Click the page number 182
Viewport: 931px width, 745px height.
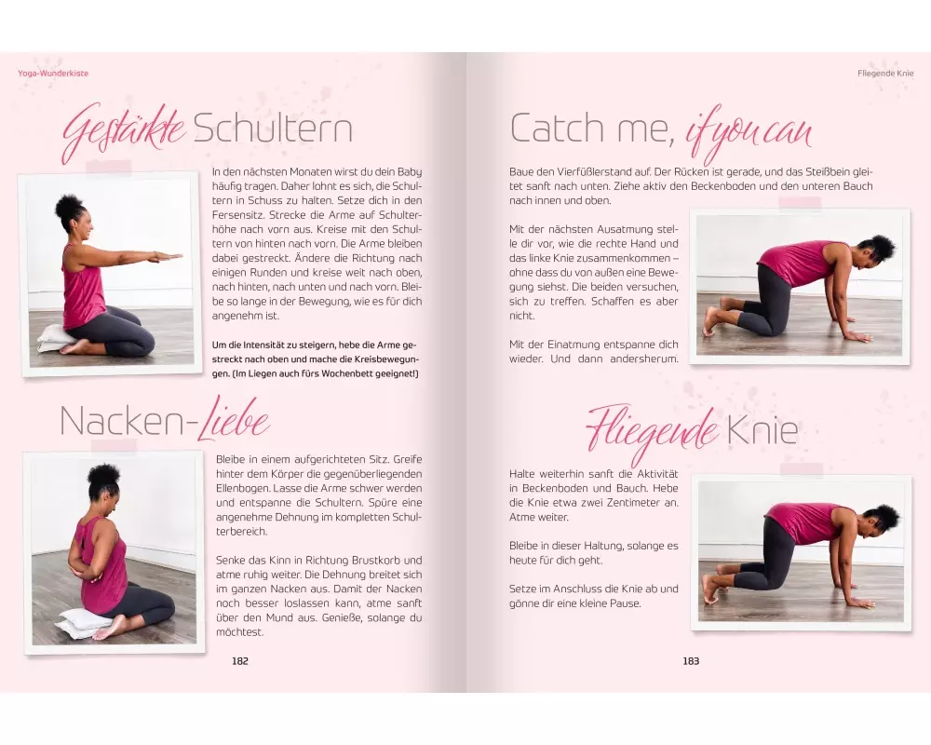tap(240, 660)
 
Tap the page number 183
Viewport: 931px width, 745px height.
tap(691, 660)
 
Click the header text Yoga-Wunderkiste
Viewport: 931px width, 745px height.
tap(53, 73)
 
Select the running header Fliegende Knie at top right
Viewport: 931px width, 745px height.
tap(885, 73)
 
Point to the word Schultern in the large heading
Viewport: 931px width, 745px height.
tap(273, 128)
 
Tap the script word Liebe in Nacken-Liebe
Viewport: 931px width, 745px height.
tap(232, 419)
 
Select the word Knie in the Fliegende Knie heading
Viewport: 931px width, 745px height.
tap(763, 430)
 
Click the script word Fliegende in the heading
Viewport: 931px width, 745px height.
tap(652, 431)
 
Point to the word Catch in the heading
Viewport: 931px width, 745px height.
tap(557, 128)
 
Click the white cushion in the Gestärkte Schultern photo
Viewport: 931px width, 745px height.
tap(55, 339)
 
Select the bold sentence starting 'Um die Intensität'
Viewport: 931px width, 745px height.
tap(316, 359)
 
